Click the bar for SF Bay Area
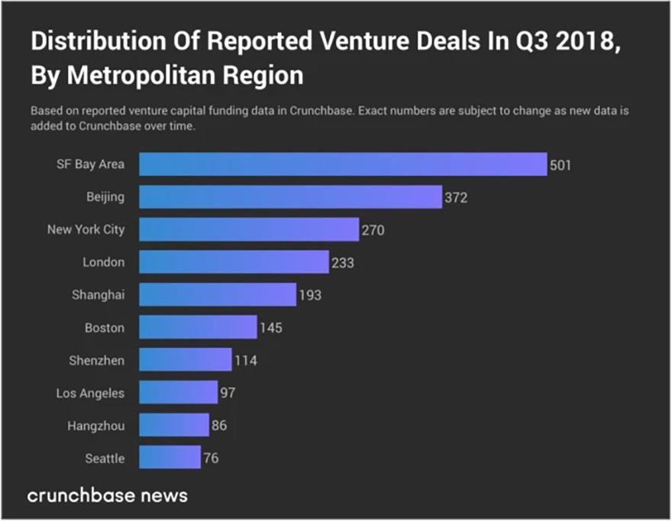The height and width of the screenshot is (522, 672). click(343, 164)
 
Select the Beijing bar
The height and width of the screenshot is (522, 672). click(290, 197)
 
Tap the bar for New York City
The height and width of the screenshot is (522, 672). click(248, 229)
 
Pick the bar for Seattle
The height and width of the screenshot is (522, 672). click(170, 459)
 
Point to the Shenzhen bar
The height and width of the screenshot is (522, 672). click(185, 360)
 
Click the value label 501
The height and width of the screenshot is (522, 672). click(561, 165)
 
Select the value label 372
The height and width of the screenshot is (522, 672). click(456, 198)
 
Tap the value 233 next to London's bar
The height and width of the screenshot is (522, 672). click(343, 263)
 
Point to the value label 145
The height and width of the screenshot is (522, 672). click(271, 328)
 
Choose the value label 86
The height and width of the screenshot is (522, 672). click(219, 426)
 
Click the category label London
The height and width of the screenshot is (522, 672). click(103, 262)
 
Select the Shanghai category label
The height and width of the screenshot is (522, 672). click(99, 295)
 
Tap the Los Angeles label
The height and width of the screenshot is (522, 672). click(90, 393)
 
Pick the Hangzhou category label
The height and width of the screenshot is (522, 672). click(95, 426)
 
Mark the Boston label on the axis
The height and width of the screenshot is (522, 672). click(105, 328)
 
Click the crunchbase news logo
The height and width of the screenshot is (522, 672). click(108, 495)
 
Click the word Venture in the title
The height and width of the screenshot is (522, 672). click(365, 41)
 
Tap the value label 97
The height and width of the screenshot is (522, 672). click(228, 393)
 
